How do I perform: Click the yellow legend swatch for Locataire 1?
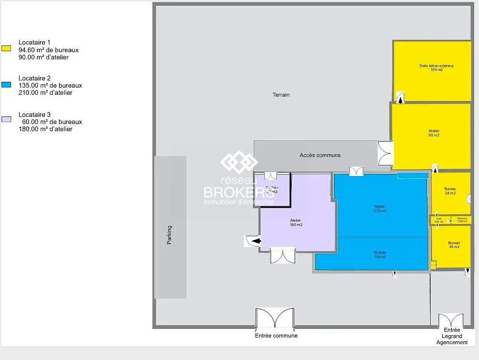pyautogui.click(x=6, y=48)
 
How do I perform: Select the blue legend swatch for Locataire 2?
pyautogui.click(x=6, y=84)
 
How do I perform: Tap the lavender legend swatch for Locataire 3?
pyautogui.click(x=6, y=119)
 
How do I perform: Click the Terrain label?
pyautogui.click(x=281, y=95)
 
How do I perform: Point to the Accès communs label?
pyautogui.click(x=320, y=155)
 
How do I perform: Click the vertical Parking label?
pyautogui.click(x=169, y=235)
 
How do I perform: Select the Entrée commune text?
pyautogui.click(x=276, y=336)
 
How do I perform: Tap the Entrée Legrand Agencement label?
pyautogui.click(x=452, y=336)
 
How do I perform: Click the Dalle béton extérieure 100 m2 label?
pyautogui.click(x=436, y=67)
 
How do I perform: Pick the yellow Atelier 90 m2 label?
pyautogui.click(x=434, y=133)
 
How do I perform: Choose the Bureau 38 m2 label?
pyautogui.click(x=450, y=191)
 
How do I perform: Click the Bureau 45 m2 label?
pyautogui.click(x=454, y=245)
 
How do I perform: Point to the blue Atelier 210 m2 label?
pyautogui.click(x=380, y=209)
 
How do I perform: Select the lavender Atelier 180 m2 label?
pyautogui.click(x=296, y=222)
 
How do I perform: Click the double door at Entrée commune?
pyautogui.click(x=274, y=318)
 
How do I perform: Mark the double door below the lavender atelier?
pyautogui.click(x=283, y=255)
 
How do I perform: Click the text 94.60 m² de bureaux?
pyautogui.click(x=48, y=50)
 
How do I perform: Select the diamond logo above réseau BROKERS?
pyautogui.click(x=239, y=162)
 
